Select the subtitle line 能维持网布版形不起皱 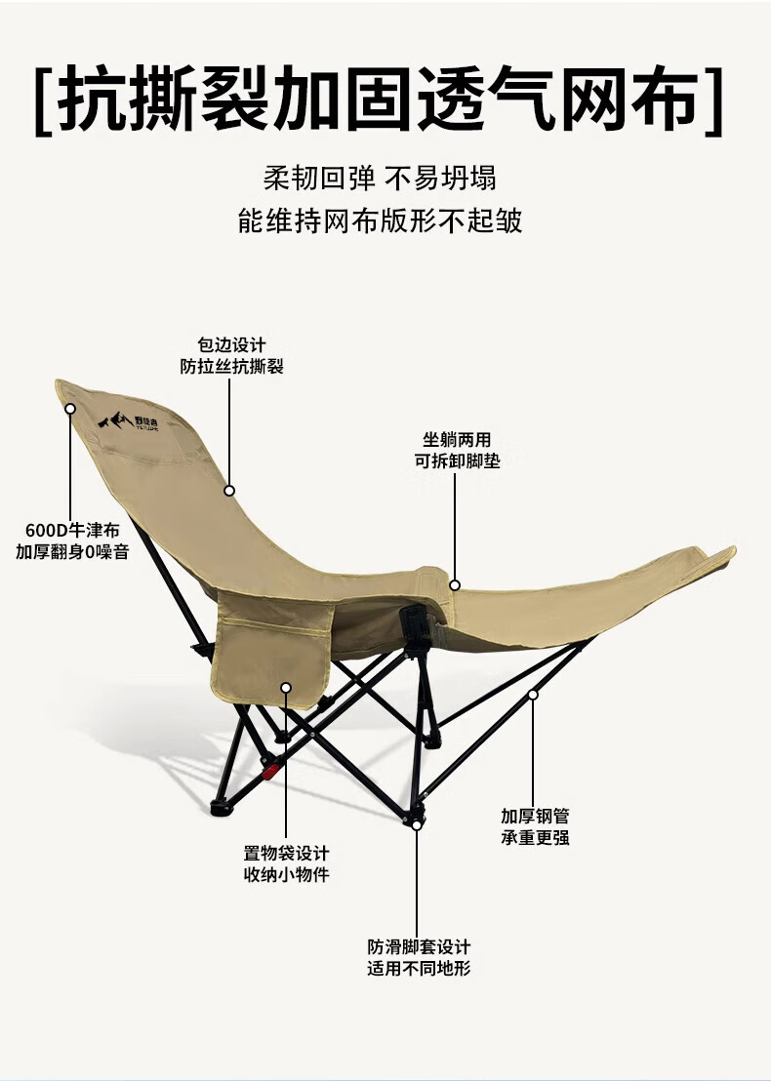pyautogui.click(x=380, y=220)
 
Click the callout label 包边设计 pyautogui.click(x=231, y=345)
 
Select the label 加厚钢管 pyautogui.click(x=535, y=816)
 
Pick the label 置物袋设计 pyautogui.click(x=286, y=852)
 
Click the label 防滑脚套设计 pyautogui.click(x=419, y=946)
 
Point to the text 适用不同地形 pyautogui.click(x=419, y=968)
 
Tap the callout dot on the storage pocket pyautogui.click(x=286, y=688)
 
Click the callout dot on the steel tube pyautogui.click(x=533, y=695)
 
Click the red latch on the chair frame pyautogui.click(x=268, y=772)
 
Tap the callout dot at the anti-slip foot pyautogui.click(x=417, y=825)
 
